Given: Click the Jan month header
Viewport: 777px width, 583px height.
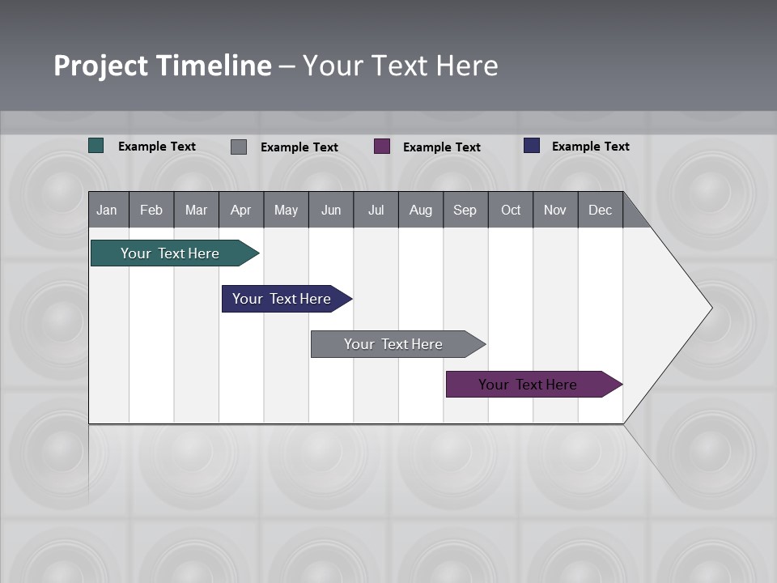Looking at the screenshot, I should pos(108,210).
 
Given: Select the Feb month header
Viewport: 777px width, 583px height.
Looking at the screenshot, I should pos(151,210).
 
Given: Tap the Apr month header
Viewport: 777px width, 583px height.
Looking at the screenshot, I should pos(240,210).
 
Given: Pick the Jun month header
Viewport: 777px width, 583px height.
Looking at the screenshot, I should pos(331,210).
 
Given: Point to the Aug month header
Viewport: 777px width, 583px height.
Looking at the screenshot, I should pos(420,210).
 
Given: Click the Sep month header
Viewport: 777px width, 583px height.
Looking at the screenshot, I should pos(465,210).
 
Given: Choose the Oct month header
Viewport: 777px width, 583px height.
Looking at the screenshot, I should pos(511,210).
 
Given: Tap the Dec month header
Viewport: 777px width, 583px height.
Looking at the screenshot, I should pos(600,210).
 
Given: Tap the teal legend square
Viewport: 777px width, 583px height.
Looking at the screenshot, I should pos(96,146).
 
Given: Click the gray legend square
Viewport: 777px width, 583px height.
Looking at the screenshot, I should pos(239,147).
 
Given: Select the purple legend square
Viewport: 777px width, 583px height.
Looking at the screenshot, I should pos(382,147).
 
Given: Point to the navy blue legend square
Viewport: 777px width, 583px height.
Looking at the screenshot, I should pos(532,146).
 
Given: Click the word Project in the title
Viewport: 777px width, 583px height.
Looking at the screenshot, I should pos(101,66).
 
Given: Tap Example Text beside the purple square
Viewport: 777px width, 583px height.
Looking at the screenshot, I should pos(442,147).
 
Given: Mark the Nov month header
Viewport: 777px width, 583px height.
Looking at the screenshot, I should pos(555,210).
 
